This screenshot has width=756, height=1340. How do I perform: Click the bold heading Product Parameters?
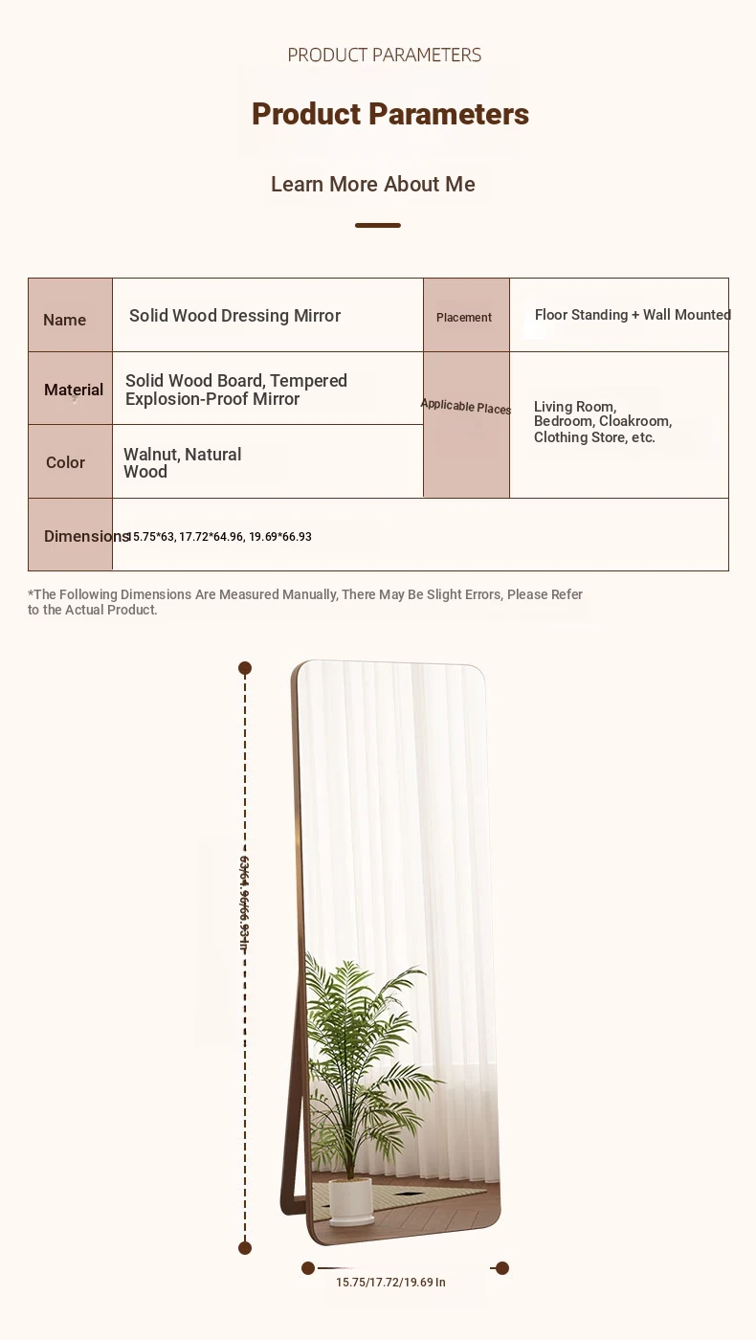point(389,114)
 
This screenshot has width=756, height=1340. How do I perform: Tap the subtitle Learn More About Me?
point(372,184)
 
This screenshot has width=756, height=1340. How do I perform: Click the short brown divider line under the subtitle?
point(378,225)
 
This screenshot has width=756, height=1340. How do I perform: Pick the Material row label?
point(73,390)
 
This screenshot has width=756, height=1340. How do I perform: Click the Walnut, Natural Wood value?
point(182,462)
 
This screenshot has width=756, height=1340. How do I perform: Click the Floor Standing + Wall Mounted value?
point(632,315)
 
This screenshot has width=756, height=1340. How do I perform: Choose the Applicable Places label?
point(466,407)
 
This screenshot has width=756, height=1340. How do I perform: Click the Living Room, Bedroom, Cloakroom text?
point(603,422)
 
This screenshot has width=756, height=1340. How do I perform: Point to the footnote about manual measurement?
point(305,602)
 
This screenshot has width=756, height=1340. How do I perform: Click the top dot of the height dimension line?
point(245,668)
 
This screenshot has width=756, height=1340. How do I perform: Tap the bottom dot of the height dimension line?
point(245,1247)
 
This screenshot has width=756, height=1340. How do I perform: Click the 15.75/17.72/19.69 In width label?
point(390,1283)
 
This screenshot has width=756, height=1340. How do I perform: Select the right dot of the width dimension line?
point(502,1268)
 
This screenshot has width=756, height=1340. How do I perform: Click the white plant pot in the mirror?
point(350,1200)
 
